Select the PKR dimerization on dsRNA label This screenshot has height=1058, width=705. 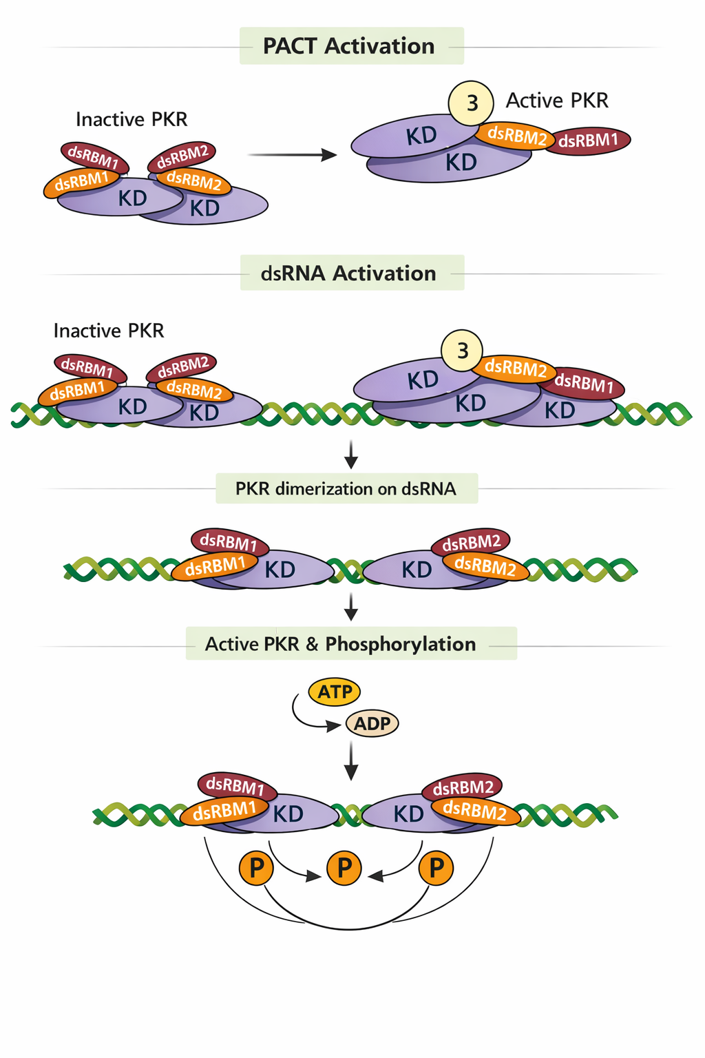[346, 488]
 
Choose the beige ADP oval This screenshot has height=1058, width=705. [372, 723]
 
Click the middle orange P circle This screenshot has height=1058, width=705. [344, 868]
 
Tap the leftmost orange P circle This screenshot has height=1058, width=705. [256, 868]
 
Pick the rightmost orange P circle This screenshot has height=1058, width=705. [436, 868]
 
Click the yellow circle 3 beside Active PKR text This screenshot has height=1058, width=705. [472, 103]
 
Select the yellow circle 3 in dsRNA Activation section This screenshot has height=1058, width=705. [462, 351]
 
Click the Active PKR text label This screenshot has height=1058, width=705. [557, 101]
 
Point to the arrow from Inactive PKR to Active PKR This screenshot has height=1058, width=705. [292, 155]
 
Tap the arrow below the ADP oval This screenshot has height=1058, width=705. [351, 760]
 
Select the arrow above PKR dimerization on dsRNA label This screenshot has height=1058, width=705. [351, 454]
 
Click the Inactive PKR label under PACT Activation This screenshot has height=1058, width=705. [131, 119]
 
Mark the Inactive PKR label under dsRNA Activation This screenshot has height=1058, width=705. [109, 331]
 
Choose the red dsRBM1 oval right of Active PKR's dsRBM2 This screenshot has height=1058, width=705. [589, 141]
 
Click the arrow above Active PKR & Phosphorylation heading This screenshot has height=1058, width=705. [351, 606]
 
